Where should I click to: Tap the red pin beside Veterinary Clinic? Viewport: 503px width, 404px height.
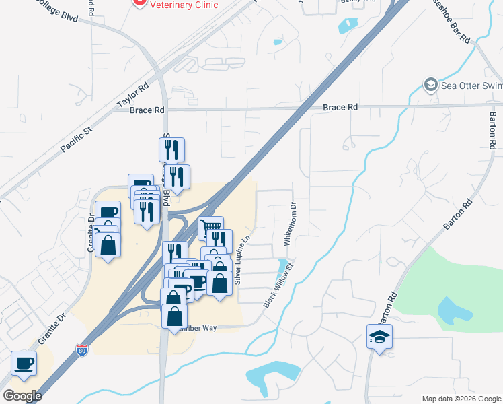pyautogui.click(x=139, y=3)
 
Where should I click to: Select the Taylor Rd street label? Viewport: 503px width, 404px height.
pyautogui.click(x=132, y=96)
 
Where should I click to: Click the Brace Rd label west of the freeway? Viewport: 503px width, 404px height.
pyautogui.click(x=147, y=110)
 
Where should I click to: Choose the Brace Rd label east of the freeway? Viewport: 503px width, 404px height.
pyautogui.click(x=340, y=107)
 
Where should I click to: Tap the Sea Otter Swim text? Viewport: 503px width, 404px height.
pyautogui.click(x=471, y=86)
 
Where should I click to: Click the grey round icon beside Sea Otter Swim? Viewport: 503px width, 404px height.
pyautogui.click(x=430, y=85)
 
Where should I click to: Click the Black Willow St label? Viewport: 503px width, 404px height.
pyautogui.click(x=279, y=285)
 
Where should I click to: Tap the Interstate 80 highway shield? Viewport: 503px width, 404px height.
pyautogui.click(x=81, y=350)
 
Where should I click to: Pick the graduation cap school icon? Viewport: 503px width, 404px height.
pyautogui.click(x=379, y=336)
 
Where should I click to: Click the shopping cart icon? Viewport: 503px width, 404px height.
pyautogui.click(x=211, y=228)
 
